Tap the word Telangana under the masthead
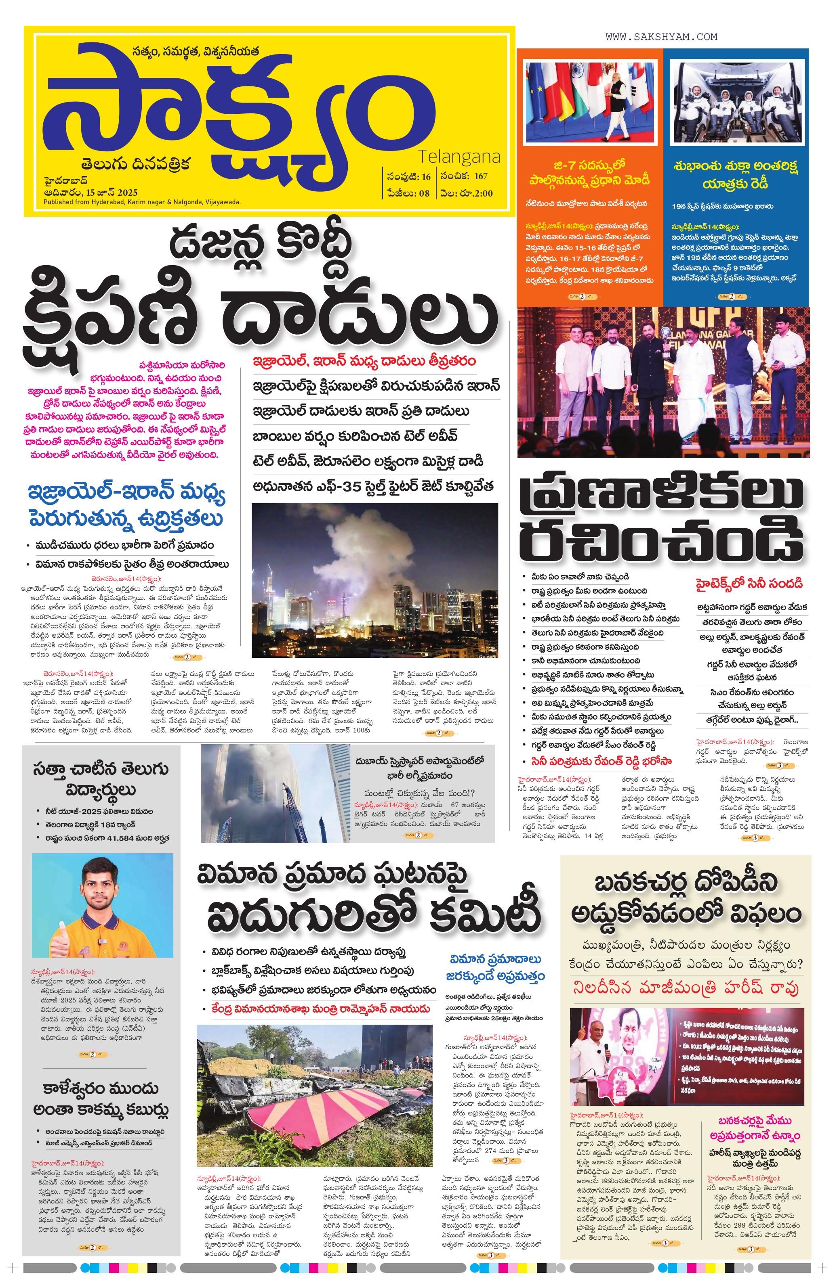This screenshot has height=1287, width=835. tap(459, 157)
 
